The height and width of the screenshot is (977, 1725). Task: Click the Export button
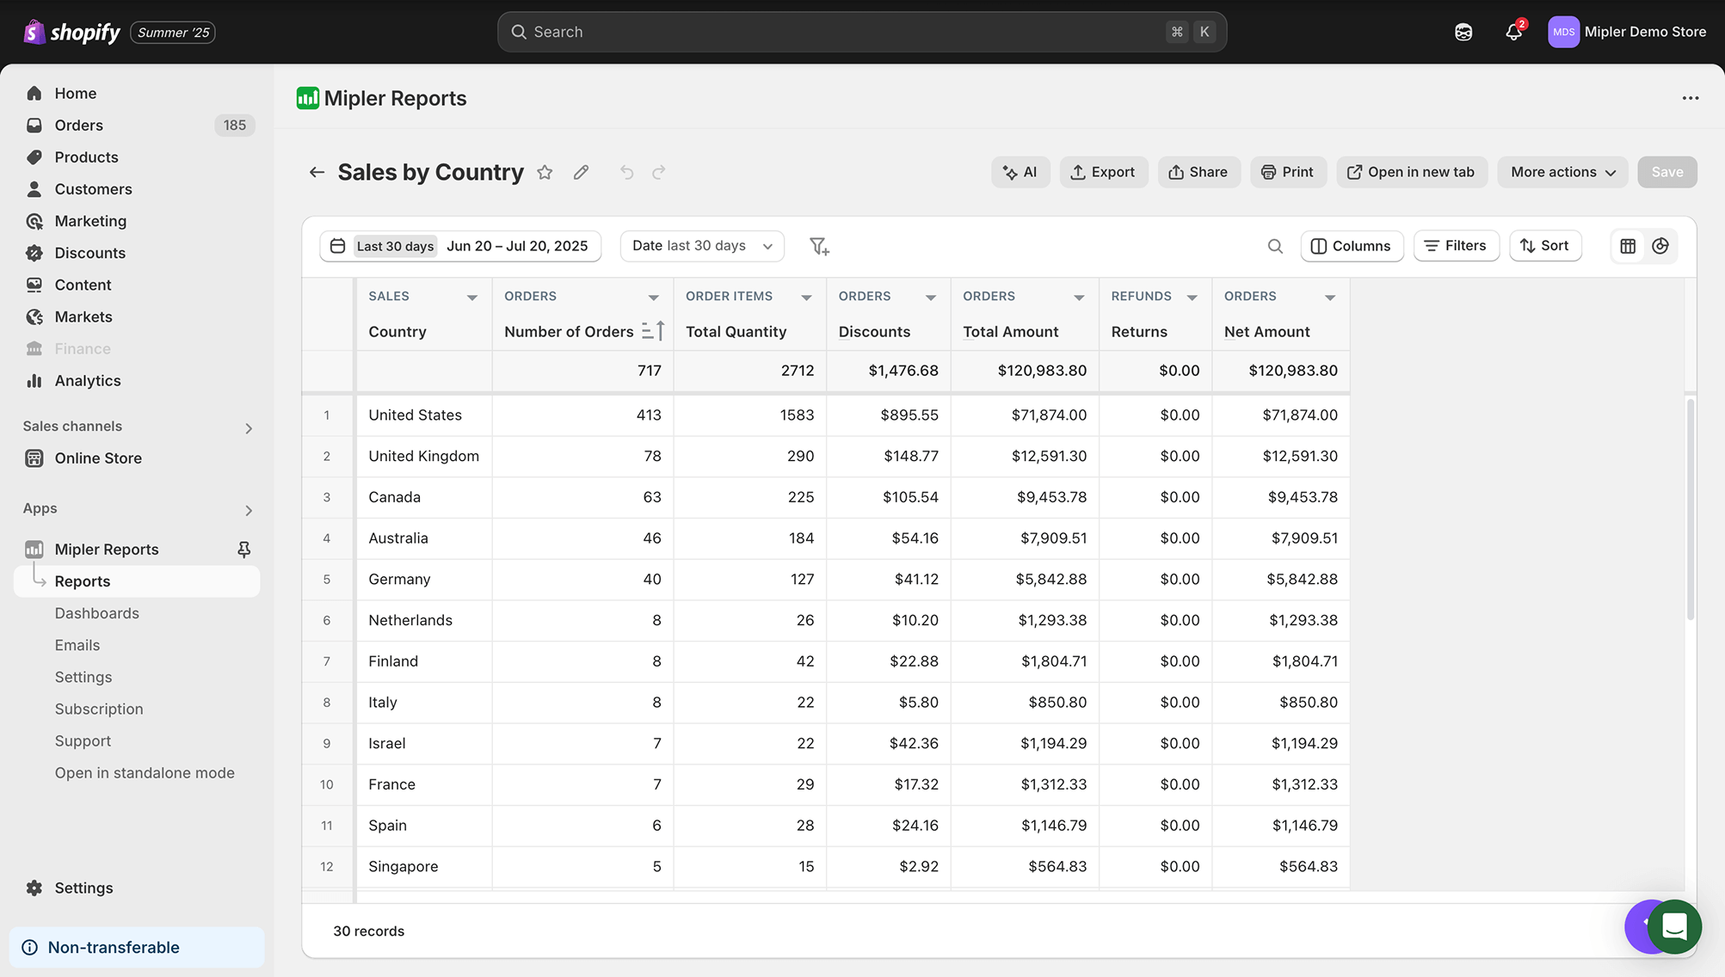tap(1103, 172)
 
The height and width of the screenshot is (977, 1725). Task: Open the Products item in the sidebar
tap(86, 157)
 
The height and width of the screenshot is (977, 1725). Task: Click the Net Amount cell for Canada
tap(1302, 497)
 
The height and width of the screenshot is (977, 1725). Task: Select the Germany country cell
tap(399, 580)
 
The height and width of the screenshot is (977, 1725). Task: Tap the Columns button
tap(1351, 246)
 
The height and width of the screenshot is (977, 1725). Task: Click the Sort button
tap(1544, 246)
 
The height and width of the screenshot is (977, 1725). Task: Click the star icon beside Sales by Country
tap(545, 173)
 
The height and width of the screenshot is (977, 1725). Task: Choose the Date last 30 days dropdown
tap(701, 246)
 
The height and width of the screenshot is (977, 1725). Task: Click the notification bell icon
tap(1513, 33)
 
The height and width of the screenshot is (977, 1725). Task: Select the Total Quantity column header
tap(736, 332)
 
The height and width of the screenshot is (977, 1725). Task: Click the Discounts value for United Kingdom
tap(910, 456)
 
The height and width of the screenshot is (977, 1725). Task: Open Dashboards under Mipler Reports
tap(96, 613)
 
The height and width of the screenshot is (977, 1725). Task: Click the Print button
tap(1287, 172)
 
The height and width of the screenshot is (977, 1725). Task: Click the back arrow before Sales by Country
tap(317, 173)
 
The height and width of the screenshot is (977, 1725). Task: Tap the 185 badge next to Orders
tap(234, 126)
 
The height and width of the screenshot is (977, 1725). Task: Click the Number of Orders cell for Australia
tap(651, 538)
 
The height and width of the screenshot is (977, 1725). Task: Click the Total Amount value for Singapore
tap(1057, 867)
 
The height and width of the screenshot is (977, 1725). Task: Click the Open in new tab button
tap(1410, 172)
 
